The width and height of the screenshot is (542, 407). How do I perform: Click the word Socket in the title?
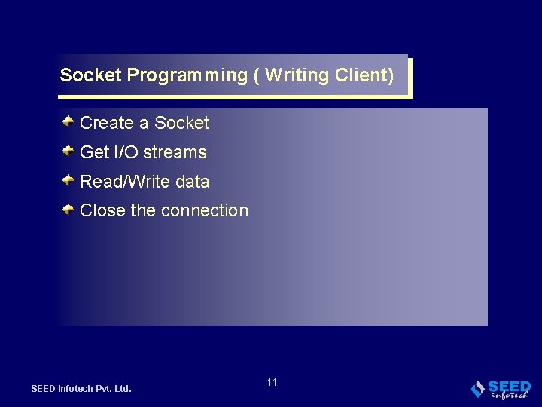click(x=91, y=75)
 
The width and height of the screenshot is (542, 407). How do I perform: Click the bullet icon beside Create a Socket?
click(x=68, y=121)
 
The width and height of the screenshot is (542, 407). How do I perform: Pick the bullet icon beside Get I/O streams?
click(x=68, y=151)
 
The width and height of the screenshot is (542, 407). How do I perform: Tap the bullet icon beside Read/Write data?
click(x=68, y=180)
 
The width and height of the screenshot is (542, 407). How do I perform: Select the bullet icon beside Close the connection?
click(x=68, y=209)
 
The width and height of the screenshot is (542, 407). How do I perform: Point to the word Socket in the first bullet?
click(x=181, y=123)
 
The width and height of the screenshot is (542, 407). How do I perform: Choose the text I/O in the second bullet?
click(x=125, y=152)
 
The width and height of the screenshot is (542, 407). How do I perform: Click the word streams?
click(x=175, y=152)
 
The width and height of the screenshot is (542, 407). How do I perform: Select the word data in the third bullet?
click(x=192, y=182)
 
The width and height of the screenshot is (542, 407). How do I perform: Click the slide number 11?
click(x=272, y=382)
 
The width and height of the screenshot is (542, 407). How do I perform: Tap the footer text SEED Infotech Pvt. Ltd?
click(x=81, y=389)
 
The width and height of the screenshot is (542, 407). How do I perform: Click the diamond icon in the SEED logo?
click(x=477, y=389)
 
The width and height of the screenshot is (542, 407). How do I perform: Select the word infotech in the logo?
click(x=510, y=395)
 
